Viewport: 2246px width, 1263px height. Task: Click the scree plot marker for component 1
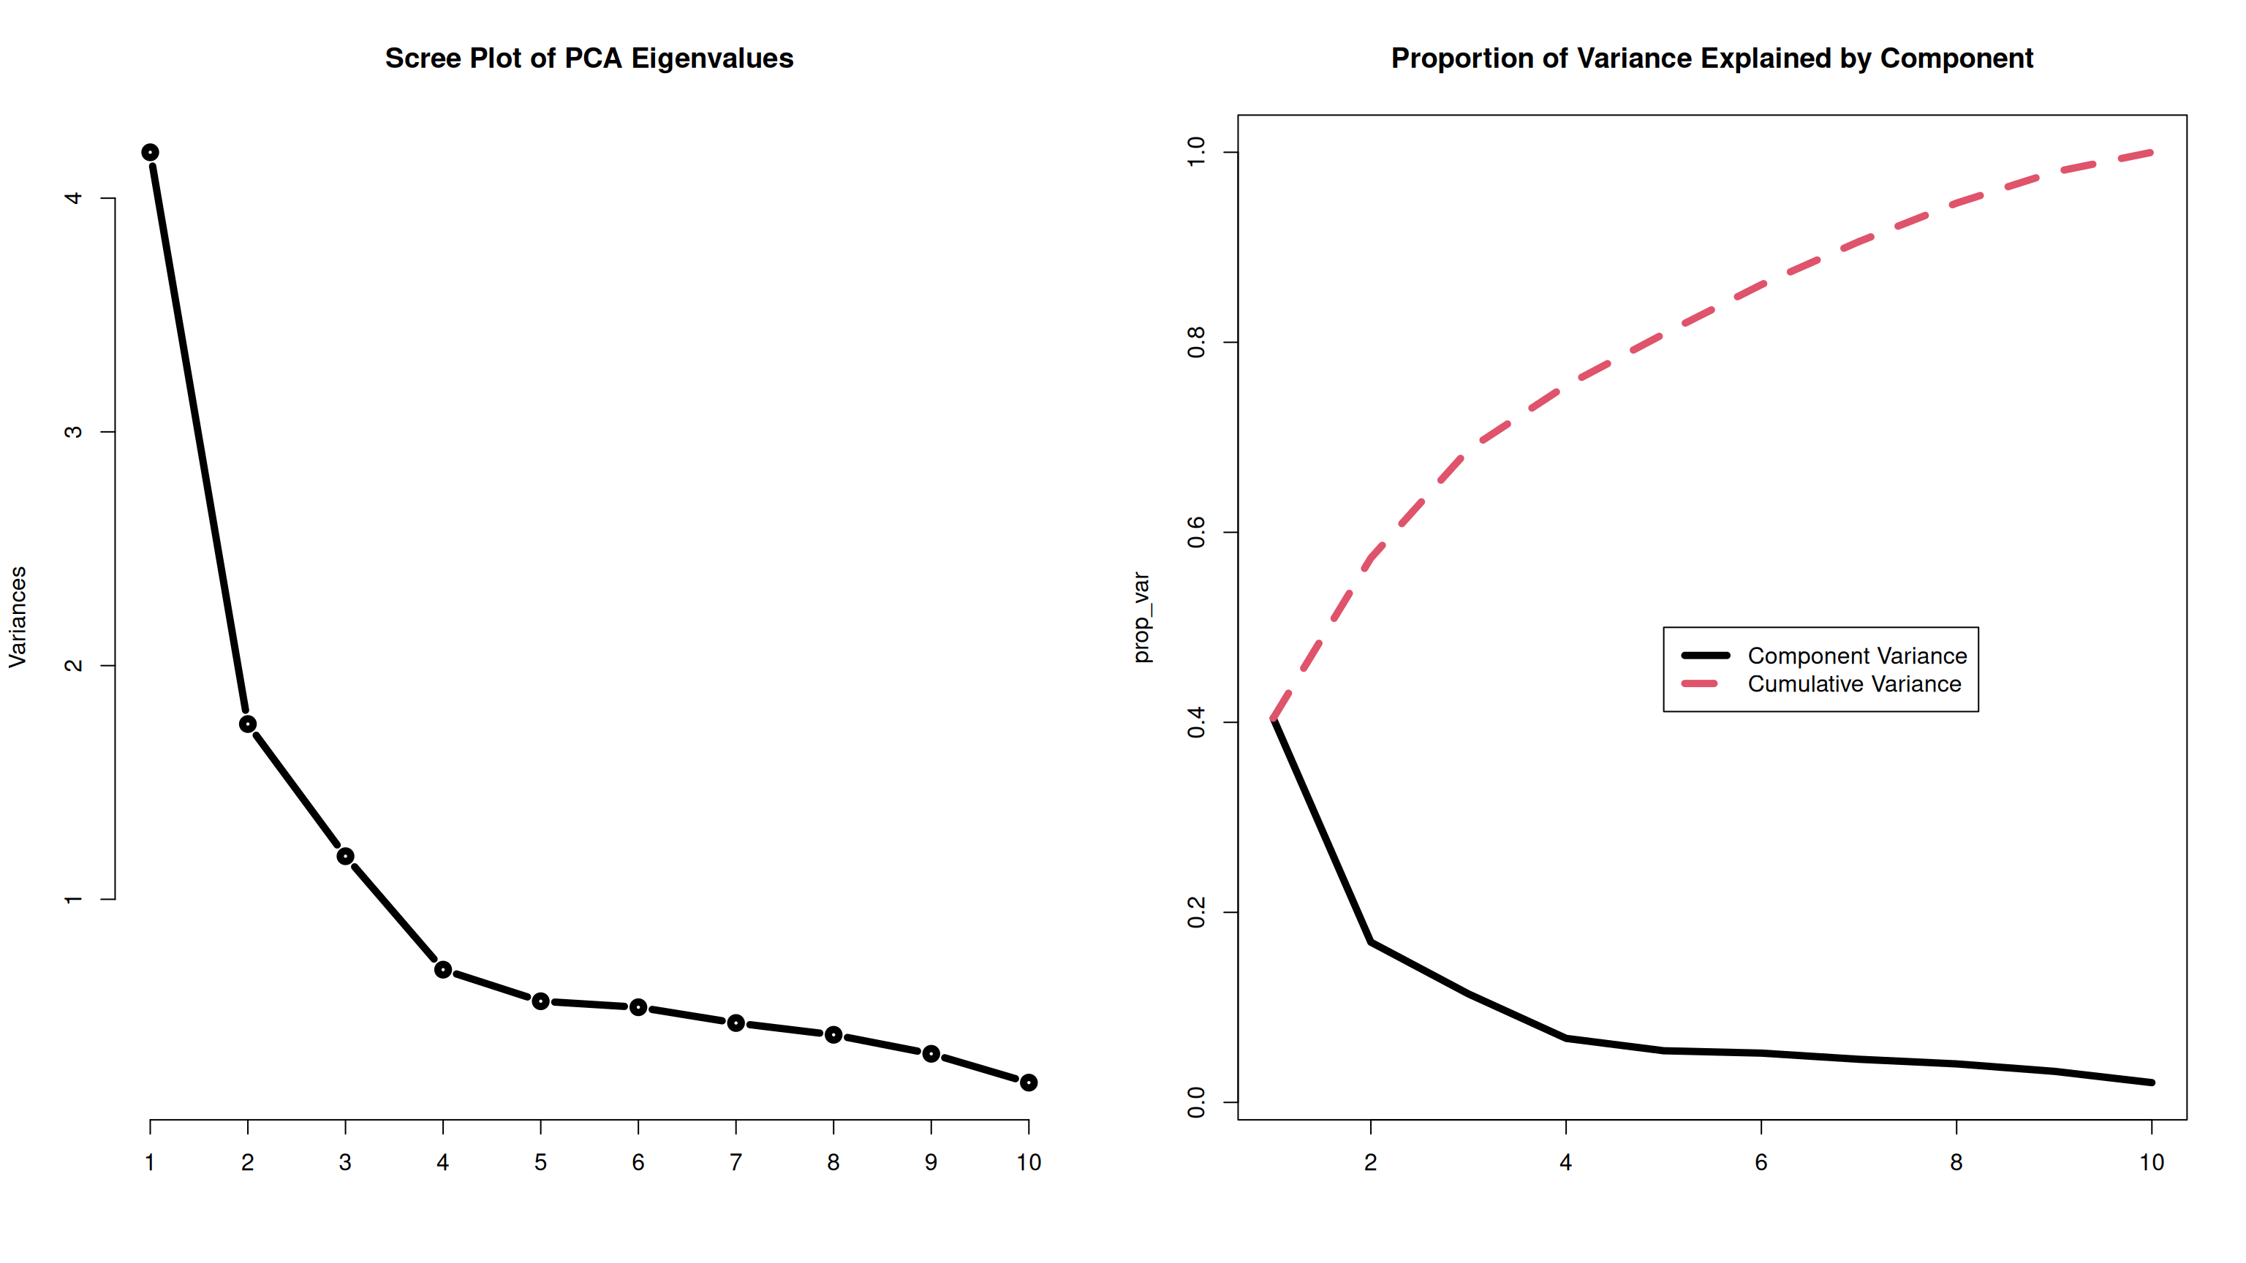click(150, 153)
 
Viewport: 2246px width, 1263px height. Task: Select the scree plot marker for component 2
click(248, 724)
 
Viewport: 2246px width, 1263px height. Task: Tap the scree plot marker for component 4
click(443, 970)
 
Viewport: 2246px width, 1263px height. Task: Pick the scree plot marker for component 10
click(1029, 1082)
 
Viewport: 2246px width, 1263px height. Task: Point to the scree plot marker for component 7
click(736, 1023)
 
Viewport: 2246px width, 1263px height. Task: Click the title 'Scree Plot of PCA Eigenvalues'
click(589, 58)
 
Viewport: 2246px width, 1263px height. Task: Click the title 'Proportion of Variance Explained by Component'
click(1712, 58)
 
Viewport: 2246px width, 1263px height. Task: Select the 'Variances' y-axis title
click(18, 617)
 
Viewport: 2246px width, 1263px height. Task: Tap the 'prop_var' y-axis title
click(1141, 617)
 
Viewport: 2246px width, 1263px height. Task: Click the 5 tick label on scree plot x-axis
click(540, 1163)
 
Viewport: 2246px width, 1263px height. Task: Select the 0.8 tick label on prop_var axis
click(1196, 343)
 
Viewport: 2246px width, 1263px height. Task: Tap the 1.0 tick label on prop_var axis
click(1196, 153)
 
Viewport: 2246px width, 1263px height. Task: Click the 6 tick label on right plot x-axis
click(1761, 1163)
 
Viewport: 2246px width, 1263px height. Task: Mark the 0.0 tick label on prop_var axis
click(1196, 1103)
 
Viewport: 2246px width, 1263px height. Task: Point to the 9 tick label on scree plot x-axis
click(931, 1163)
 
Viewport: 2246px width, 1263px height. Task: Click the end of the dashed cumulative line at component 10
click(2151, 153)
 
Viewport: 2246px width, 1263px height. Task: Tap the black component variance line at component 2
click(1371, 942)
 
